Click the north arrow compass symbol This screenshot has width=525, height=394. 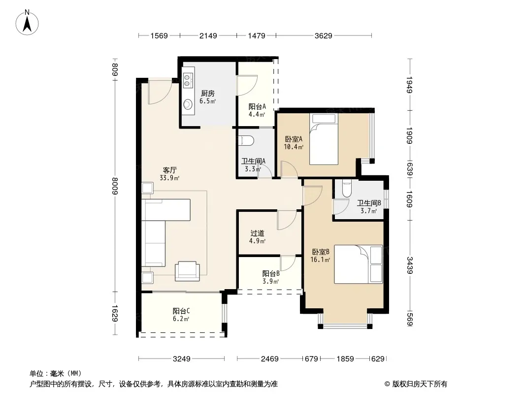pyautogui.click(x=27, y=23)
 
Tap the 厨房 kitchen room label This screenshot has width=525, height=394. pyautogui.click(x=208, y=94)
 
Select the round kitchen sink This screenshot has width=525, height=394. pyautogui.click(x=188, y=104)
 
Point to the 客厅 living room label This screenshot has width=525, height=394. pyautogui.click(x=170, y=170)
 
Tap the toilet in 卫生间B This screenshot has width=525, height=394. pyautogui.click(x=347, y=188)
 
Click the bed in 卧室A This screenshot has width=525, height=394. pyautogui.click(x=324, y=139)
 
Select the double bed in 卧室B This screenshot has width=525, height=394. pyautogui.click(x=358, y=264)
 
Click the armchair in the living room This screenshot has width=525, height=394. pyautogui.click(x=187, y=271)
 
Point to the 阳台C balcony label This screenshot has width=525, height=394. pyautogui.click(x=181, y=311)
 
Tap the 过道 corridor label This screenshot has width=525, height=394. pyautogui.click(x=258, y=233)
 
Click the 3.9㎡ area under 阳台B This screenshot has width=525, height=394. pyautogui.click(x=271, y=281)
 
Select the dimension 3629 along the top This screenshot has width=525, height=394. pyautogui.click(x=324, y=35)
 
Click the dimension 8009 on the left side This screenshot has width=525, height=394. pyautogui.click(x=115, y=186)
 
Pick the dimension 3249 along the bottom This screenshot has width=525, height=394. pyautogui.click(x=181, y=359)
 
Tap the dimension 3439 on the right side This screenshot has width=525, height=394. pyautogui.click(x=410, y=265)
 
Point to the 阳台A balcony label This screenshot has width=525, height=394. pyautogui.click(x=257, y=107)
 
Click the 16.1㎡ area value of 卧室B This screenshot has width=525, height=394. pyautogui.click(x=320, y=260)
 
